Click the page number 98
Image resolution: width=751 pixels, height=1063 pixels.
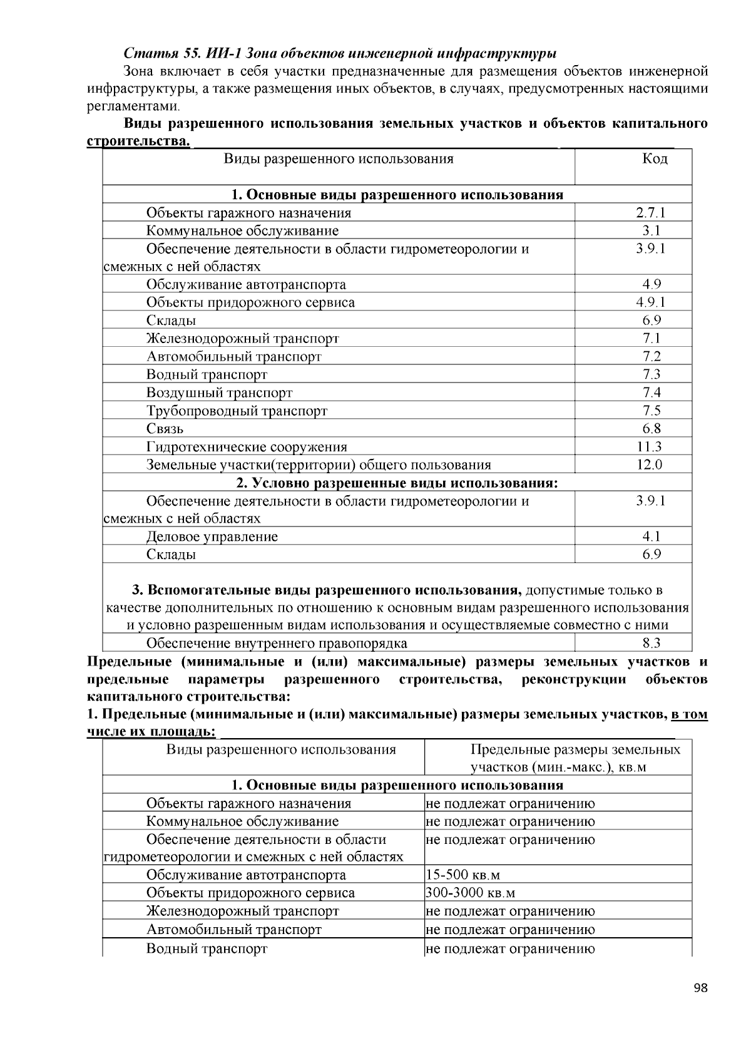click(700, 989)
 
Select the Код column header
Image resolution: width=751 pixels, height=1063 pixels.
click(655, 159)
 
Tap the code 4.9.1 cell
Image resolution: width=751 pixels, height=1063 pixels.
click(651, 302)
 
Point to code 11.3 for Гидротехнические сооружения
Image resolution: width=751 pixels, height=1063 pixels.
click(651, 447)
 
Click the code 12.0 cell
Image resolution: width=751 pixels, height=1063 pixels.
click(651, 465)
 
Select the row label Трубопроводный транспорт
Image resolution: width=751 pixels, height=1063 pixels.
click(237, 411)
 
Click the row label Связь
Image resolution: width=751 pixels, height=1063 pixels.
click(165, 429)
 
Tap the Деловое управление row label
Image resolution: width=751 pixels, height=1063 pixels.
click(212, 537)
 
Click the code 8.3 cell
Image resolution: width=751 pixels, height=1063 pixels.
click(651, 644)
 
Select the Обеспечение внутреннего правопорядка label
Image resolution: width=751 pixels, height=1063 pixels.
click(276, 644)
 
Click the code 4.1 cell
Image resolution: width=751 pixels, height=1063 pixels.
click(651, 537)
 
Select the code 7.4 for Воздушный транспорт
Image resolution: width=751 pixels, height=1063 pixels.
click(651, 393)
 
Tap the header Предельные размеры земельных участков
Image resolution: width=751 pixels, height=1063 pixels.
click(575, 750)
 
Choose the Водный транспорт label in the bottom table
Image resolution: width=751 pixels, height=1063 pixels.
click(207, 948)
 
